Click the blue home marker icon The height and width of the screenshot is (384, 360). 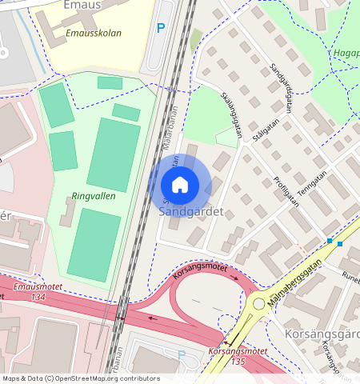[x=180, y=185]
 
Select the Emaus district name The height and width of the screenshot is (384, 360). [x=61, y=6]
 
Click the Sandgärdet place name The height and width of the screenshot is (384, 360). [x=190, y=213]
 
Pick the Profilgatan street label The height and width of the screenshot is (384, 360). [x=286, y=191]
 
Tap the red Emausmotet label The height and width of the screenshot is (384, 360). [x=38, y=287]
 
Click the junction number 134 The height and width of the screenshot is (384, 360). [x=38, y=298]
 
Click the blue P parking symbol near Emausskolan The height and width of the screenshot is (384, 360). [x=161, y=28]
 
